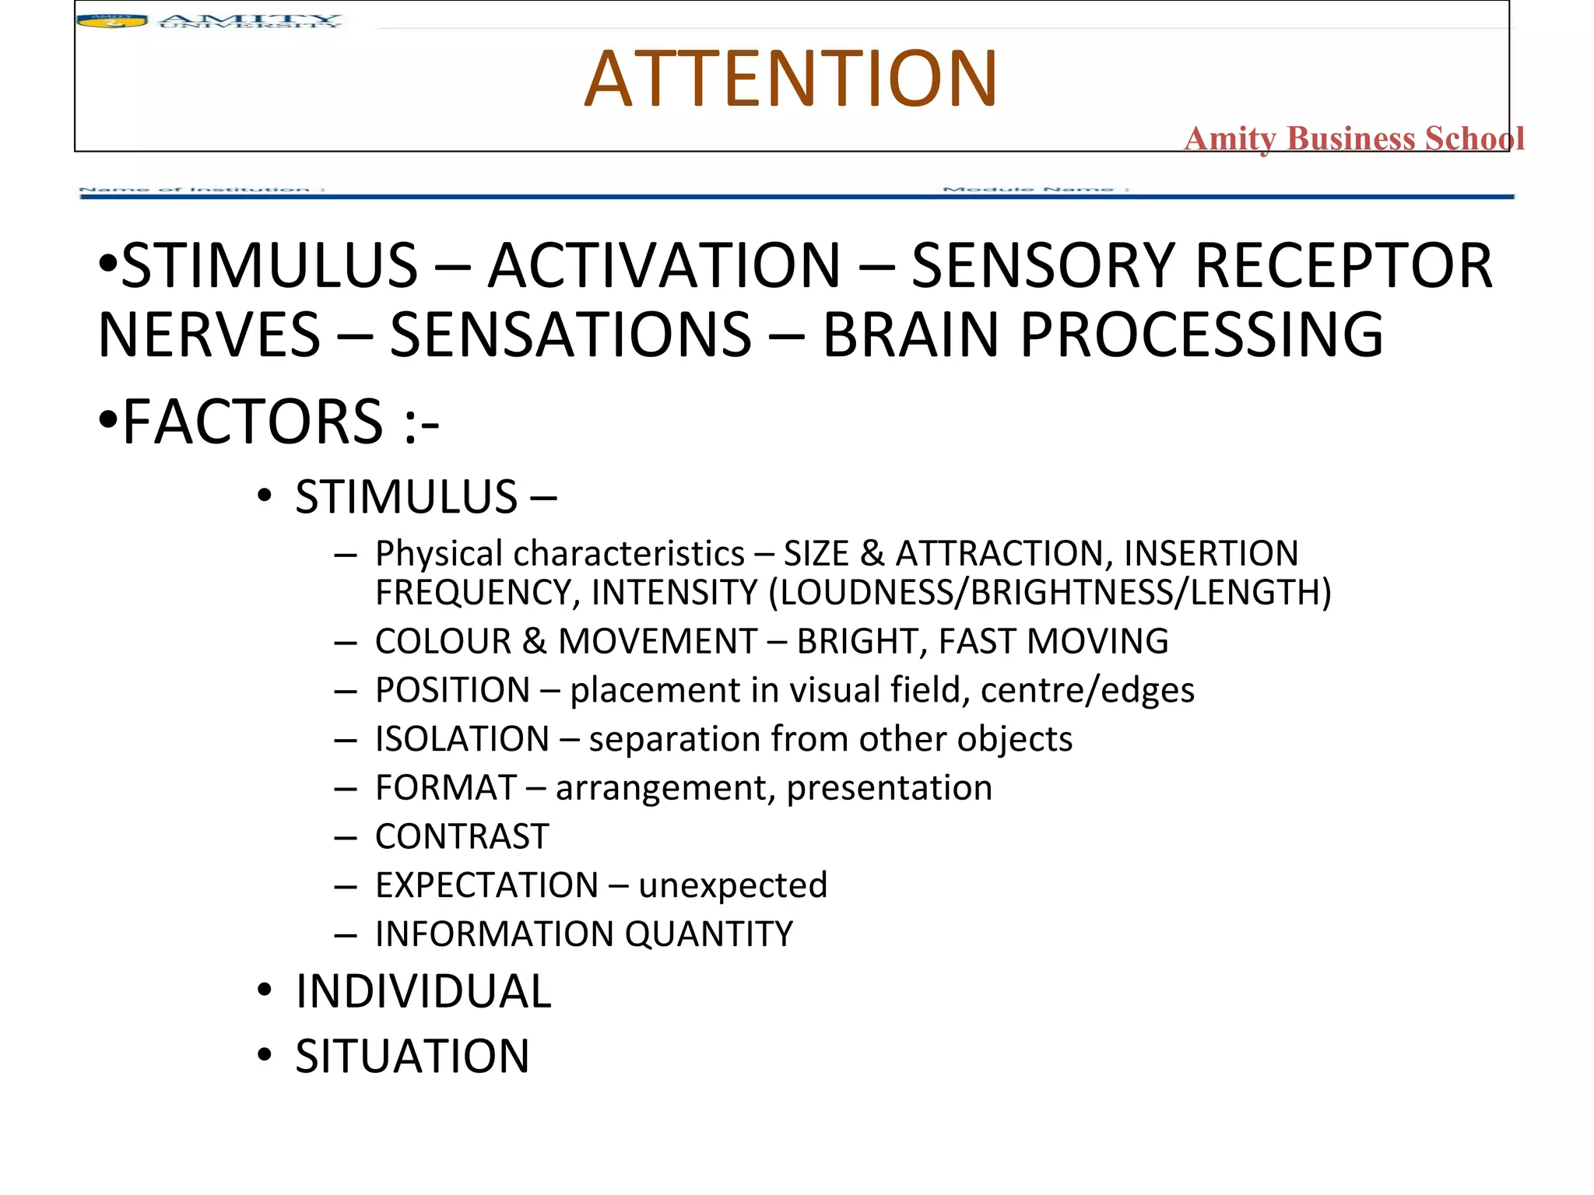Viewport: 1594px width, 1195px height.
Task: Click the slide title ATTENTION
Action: coord(790,79)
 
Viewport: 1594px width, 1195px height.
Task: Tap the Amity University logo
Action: coord(209,21)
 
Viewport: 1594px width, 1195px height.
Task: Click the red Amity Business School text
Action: coord(1353,138)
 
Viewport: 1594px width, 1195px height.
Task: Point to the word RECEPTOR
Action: coord(1343,266)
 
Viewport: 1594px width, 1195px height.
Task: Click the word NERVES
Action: coord(209,335)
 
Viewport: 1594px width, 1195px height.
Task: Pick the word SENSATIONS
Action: coord(571,335)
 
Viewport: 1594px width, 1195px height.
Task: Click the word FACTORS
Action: coord(253,422)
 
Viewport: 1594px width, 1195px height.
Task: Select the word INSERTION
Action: coord(1211,554)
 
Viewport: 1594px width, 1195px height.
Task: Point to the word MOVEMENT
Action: coord(658,642)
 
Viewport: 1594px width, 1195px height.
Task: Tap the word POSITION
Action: coord(452,691)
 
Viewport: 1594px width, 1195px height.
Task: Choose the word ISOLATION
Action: coord(462,739)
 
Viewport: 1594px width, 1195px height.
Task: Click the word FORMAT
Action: coord(446,788)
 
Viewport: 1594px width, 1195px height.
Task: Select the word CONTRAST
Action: coord(462,837)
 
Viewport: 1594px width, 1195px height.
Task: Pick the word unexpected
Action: coord(732,885)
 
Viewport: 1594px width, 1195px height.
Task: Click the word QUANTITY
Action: coord(708,934)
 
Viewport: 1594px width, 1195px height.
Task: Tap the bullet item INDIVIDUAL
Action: coord(423,992)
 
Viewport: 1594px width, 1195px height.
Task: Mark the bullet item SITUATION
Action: coord(413,1057)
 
